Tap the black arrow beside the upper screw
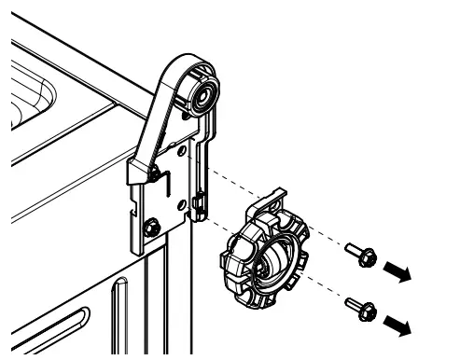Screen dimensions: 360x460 click(x=397, y=271)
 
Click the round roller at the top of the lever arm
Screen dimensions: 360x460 click(x=202, y=92)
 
